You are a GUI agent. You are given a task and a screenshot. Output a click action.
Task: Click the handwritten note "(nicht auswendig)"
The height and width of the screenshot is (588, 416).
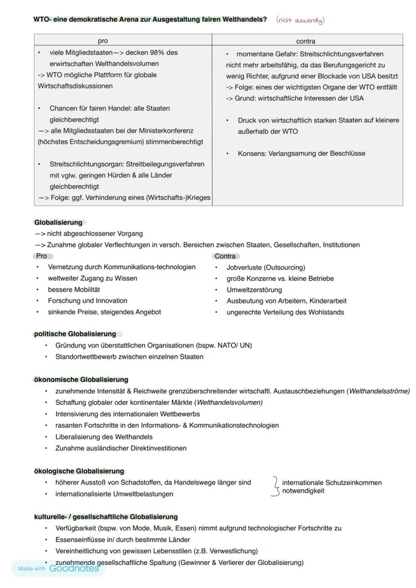(x=300, y=20)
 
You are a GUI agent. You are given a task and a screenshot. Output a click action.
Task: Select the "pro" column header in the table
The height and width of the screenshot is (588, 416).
(x=102, y=41)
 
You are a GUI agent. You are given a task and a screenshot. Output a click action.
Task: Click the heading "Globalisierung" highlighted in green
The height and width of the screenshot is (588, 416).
(x=58, y=222)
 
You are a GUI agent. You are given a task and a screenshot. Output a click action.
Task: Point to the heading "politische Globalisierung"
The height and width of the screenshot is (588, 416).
(x=75, y=334)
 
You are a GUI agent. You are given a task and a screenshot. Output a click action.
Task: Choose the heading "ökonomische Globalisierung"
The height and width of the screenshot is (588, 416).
(x=81, y=380)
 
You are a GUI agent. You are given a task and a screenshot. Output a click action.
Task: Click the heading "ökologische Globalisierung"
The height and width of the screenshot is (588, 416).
(x=79, y=471)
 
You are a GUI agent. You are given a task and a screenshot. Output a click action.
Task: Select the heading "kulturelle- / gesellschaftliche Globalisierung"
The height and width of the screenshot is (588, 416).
(x=106, y=517)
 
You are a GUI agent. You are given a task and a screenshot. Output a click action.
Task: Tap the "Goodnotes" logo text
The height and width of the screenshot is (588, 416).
(x=74, y=568)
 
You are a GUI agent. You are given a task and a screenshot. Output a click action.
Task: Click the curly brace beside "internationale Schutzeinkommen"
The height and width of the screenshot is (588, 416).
(x=275, y=487)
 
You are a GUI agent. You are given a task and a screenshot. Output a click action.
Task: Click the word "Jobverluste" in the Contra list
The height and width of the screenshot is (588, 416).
(x=244, y=267)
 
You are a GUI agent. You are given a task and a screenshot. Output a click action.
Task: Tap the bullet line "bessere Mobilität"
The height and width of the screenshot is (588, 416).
(x=74, y=290)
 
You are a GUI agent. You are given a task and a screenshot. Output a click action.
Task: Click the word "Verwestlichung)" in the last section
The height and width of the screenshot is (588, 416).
(x=234, y=551)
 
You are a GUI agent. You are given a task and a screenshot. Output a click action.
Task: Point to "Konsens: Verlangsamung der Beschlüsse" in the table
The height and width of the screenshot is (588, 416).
(x=301, y=154)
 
